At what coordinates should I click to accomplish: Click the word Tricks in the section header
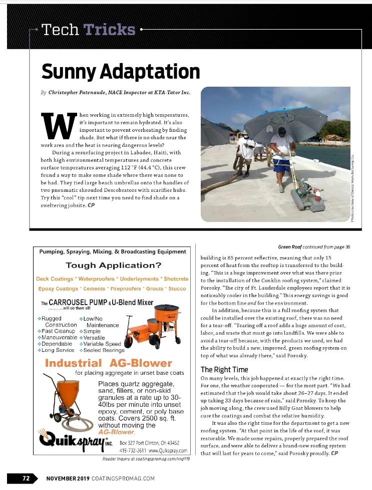coord(110,30)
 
